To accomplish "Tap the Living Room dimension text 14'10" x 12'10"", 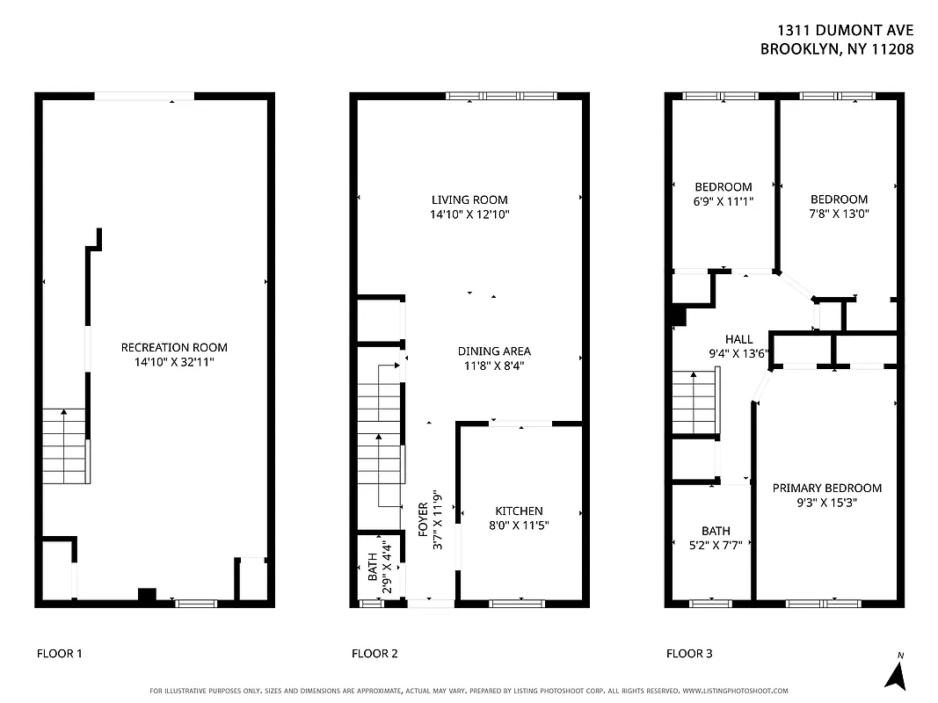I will [469, 214].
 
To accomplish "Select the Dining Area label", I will [493, 351].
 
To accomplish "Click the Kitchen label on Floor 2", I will [519, 511].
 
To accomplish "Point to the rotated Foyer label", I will [423, 519].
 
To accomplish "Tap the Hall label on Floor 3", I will [738, 339].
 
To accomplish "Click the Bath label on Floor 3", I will [716, 531].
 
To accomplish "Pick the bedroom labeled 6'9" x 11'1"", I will [723, 193].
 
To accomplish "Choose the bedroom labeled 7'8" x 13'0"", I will [839, 206].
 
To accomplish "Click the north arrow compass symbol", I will [896, 673].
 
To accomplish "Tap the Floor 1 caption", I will [60, 653].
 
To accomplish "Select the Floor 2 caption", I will [374, 653].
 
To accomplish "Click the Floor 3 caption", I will [689, 653].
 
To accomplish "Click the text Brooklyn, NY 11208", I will [837, 49].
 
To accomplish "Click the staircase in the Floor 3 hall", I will [695, 402].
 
